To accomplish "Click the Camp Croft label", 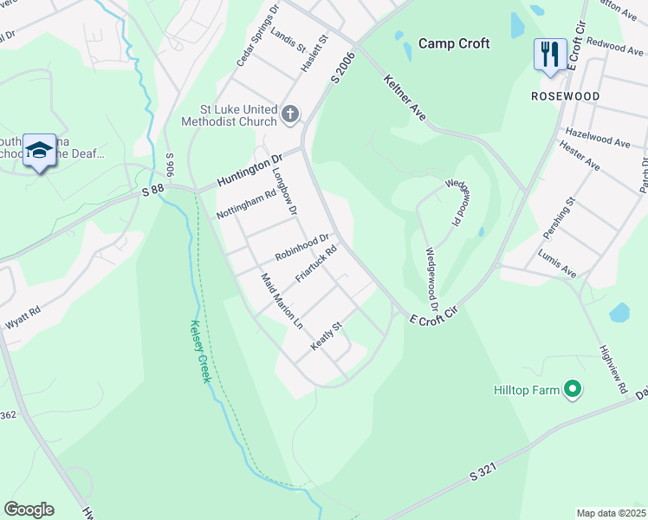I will pos(454,43).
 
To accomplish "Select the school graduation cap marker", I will pos(39,152).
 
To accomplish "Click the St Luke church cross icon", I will pos(290,113).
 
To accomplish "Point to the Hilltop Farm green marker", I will pos(572,390).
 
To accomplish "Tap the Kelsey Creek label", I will pos(200,349).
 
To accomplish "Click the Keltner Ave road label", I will pos(406,97).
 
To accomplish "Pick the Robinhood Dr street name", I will pos(302,247).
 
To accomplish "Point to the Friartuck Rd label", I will pos(315,263).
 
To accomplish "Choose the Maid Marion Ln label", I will pos(282,300).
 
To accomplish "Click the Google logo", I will pos(29,510).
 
